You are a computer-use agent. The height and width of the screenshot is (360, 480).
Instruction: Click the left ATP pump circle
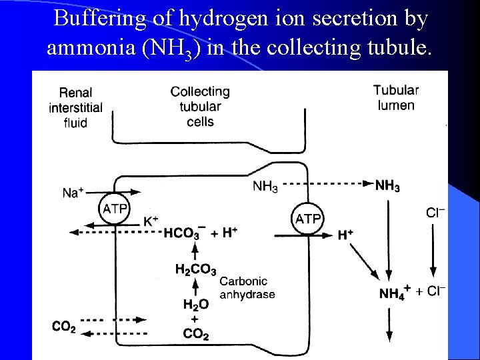point(115,209)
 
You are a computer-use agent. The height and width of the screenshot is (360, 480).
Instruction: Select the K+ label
point(151,221)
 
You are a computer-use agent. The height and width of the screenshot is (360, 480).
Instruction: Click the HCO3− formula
point(182,233)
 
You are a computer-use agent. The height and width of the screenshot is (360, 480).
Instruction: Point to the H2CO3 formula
point(195,270)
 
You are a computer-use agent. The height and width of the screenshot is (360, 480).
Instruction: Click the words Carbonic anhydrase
point(247,288)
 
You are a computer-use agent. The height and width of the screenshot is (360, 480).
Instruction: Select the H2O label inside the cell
point(195,304)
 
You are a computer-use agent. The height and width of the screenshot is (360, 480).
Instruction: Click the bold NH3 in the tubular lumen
point(387,186)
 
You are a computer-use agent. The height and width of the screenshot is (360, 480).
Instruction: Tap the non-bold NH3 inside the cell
point(265,187)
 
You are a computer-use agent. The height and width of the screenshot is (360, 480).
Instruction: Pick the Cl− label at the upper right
point(435,213)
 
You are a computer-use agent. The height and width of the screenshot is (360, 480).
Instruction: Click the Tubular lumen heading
point(396,97)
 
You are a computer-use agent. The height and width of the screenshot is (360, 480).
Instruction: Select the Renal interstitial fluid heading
point(75,107)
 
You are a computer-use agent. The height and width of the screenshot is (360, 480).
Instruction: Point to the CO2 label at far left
point(64,326)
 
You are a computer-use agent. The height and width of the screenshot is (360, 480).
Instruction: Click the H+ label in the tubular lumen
point(345,235)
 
